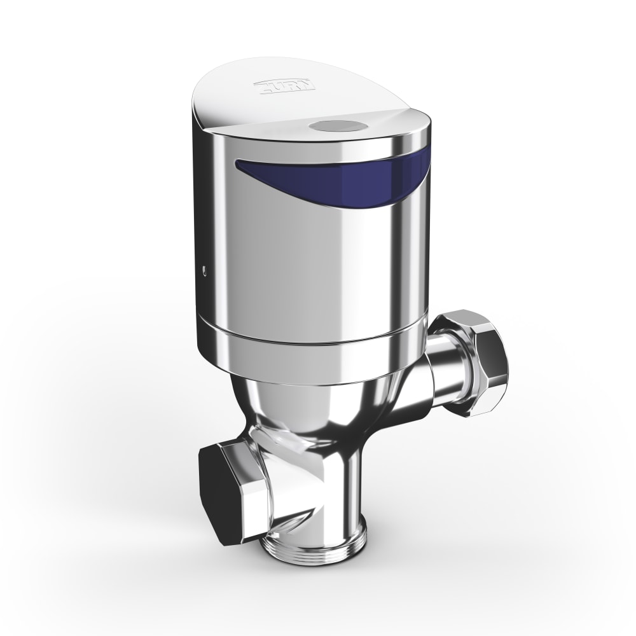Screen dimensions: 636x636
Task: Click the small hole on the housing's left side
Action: [203, 272]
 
